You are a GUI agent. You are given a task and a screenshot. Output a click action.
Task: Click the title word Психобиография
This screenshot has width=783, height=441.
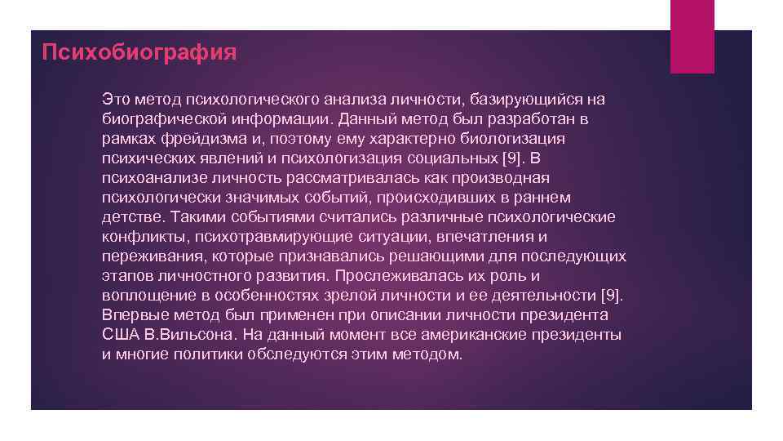tap(139, 54)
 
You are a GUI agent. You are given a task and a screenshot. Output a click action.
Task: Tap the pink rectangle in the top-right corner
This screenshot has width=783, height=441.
tap(692, 36)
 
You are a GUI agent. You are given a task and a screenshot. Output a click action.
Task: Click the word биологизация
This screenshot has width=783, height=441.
tap(517, 139)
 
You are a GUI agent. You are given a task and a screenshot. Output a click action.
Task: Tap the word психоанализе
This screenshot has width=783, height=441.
tap(150, 178)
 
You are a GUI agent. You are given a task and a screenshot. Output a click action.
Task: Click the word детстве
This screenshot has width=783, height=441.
tap(133, 217)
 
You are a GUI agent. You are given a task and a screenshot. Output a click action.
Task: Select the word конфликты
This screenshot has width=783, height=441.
tap(139, 237)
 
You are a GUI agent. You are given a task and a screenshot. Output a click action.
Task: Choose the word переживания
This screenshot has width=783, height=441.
tap(152, 256)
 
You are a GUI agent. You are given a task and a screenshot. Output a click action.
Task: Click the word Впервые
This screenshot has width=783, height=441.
tap(130, 315)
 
